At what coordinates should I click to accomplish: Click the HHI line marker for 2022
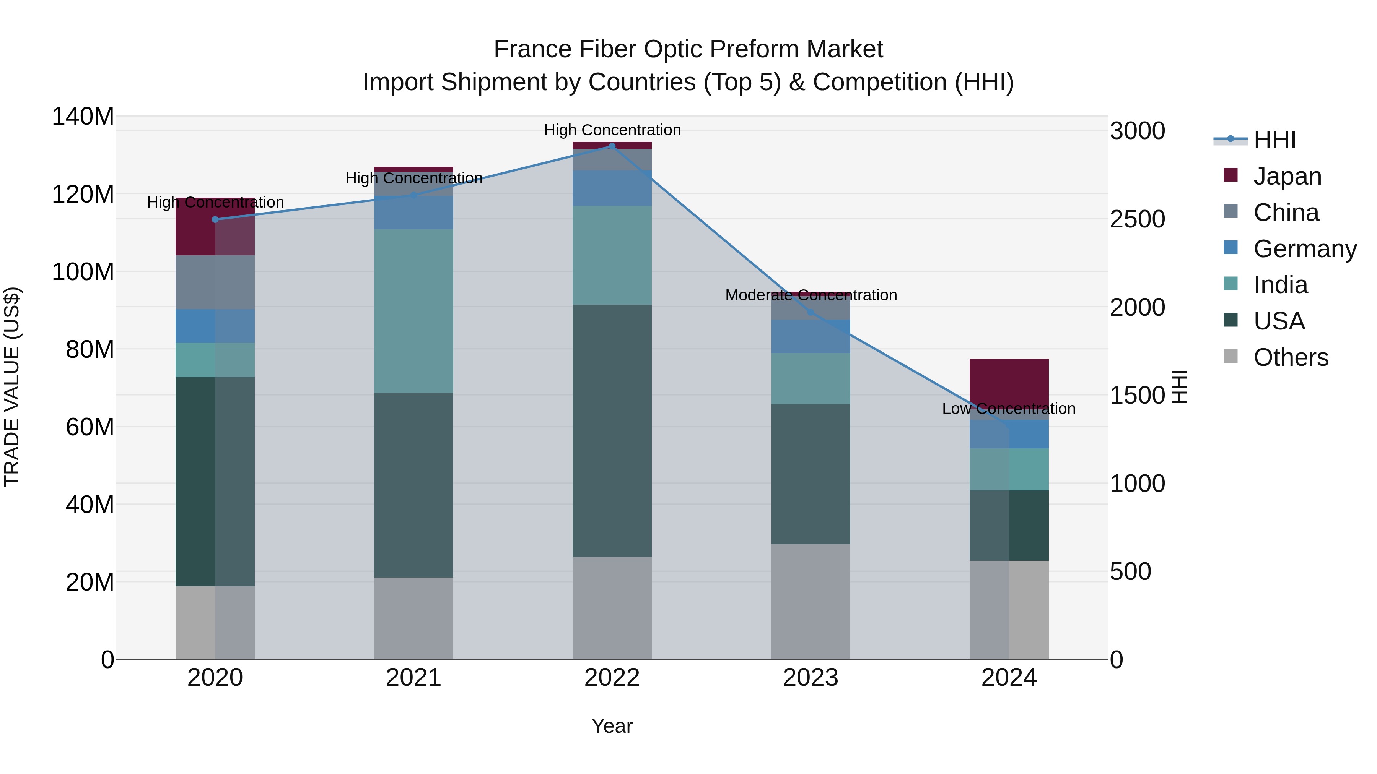click(612, 146)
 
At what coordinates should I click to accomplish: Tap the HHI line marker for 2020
click(215, 219)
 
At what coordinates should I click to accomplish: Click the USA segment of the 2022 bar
click(612, 430)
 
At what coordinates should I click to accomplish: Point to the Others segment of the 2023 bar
click(811, 602)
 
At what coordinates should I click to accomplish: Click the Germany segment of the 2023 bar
click(811, 336)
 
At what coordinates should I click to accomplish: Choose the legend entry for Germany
click(1305, 249)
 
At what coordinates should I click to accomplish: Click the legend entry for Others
click(1291, 357)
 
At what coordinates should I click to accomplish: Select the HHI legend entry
click(1274, 140)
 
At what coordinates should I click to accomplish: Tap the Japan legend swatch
click(1231, 175)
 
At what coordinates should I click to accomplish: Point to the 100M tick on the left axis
click(83, 272)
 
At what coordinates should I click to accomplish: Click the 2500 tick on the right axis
click(1138, 219)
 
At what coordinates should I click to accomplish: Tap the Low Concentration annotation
click(1008, 409)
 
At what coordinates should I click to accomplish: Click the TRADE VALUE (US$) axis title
click(12, 387)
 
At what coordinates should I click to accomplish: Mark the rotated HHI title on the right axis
click(1179, 387)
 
